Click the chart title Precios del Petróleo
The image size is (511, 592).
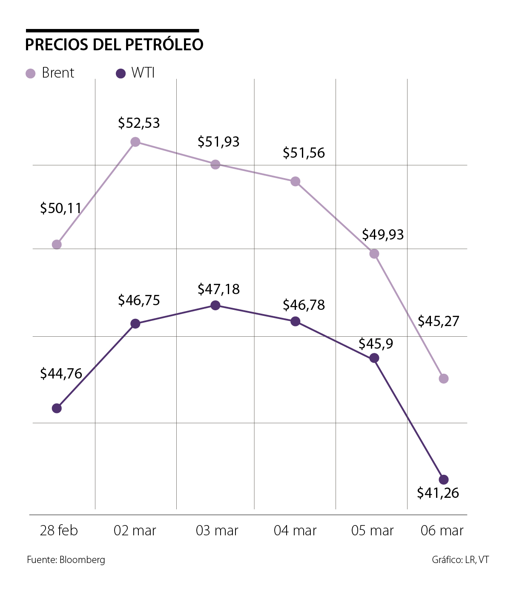coord(114,45)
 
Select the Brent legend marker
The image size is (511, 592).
coord(31,73)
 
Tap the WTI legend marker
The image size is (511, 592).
coord(121,73)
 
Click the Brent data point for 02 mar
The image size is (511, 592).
coord(135,142)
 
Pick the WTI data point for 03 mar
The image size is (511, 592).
coord(215,305)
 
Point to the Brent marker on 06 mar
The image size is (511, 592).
coord(443,378)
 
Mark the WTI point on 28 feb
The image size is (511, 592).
coord(57,408)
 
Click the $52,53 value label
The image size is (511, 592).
coord(139,123)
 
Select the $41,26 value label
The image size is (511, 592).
coord(438,493)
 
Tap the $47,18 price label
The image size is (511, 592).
coord(218,289)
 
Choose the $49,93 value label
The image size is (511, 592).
coord(382,235)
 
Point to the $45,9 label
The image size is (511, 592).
coord(376,344)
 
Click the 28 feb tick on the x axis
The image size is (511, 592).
coord(59,531)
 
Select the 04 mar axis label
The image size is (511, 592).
coord(295,531)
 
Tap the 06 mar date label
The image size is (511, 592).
coord(442,531)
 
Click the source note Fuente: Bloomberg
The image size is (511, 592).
coord(66,560)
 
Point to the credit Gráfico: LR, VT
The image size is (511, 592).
coord(460,560)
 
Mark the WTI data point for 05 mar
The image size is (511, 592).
coord(374,358)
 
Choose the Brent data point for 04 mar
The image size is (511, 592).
coord(295,182)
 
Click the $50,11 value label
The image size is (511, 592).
coord(60,208)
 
